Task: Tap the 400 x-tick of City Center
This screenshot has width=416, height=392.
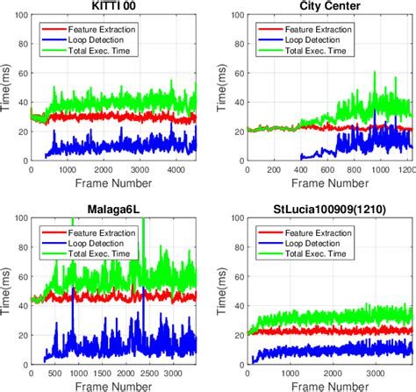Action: tap(300, 169)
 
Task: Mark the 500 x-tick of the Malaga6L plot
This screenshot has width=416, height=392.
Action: tap(54, 371)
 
